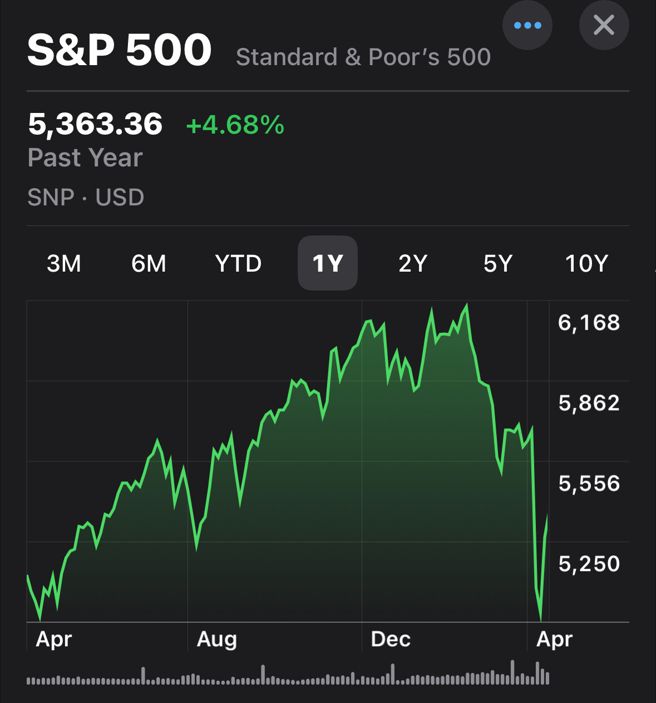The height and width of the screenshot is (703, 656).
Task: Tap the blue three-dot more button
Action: tap(527, 25)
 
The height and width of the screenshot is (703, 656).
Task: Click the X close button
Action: tap(604, 25)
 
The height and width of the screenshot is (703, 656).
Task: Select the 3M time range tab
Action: tap(64, 263)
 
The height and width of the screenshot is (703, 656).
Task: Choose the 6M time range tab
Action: tap(149, 263)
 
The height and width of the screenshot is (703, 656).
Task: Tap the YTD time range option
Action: tap(238, 263)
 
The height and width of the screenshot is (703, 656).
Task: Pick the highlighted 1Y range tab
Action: tap(328, 263)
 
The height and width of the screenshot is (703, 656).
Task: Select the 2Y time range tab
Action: tap(413, 263)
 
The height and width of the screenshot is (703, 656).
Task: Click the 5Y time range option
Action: tap(497, 263)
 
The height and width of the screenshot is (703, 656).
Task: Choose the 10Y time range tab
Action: tap(586, 263)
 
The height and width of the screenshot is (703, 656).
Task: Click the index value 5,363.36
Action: tap(95, 124)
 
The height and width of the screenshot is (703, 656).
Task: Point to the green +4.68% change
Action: tap(235, 125)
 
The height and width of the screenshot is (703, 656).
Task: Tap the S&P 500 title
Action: tap(119, 50)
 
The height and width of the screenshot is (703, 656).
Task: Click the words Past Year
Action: tap(85, 158)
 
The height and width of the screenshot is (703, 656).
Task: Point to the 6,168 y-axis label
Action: tap(589, 323)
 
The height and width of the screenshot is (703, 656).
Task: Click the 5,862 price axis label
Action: tap(589, 403)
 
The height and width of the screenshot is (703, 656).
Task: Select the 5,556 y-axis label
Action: tap(589, 484)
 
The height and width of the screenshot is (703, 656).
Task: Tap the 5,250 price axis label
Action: tap(589, 564)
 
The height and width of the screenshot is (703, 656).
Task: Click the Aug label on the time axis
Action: tap(217, 639)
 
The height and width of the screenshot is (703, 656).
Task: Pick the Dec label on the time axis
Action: tap(391, 639)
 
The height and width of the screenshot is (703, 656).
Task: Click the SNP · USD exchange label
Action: tap(86, 197)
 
